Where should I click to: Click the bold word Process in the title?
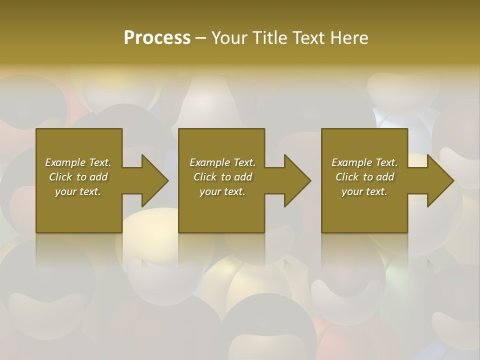click(x=157, y=38)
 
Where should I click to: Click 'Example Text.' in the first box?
click(x=78, y=162)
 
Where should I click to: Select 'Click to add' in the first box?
click(x=78, y=177)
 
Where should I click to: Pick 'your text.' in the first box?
click(x=78, y=191)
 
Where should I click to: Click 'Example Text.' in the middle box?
click(x=222, y=162)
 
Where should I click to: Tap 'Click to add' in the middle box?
click(x=222, y=177)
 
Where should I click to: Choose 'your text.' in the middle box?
click(x=222, y=191)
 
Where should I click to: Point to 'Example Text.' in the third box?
click(x=364, y=162)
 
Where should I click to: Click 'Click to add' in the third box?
click(x=364, y=177)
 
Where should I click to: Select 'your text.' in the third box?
click(x=364, y=191)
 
